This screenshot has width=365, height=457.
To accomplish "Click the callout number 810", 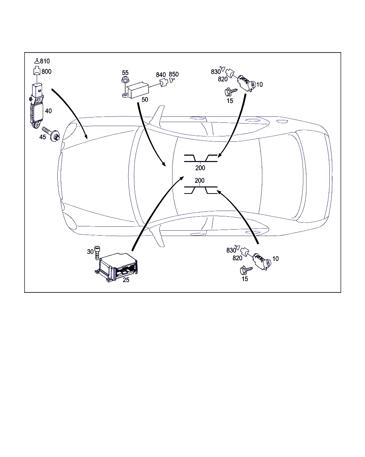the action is coord(45,61).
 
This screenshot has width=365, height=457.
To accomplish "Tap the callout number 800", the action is coord(46,71).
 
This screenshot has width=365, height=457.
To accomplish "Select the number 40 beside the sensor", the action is coord(48,111).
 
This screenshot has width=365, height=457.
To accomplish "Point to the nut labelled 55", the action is coord(125,80).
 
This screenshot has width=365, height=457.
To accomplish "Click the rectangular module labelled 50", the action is coord(136,91).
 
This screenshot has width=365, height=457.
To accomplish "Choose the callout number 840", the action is coord(161,75).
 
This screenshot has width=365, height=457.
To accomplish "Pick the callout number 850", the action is coord(174,74).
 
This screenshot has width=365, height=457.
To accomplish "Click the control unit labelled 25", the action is coord(116,267).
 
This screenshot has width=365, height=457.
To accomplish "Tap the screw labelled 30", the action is coord(97,253).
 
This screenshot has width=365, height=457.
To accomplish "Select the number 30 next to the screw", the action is coord(90,252).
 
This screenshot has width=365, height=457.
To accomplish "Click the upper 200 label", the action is coord(200,168).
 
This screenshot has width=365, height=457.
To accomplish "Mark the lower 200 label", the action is coord(200,181).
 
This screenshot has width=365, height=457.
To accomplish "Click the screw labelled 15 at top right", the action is coord(231,92).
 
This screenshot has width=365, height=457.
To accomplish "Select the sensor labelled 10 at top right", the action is coord(247,84).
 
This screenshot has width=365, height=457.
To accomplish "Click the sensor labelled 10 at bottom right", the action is coord(262,262).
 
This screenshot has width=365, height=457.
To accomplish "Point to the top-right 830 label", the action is coord(216,72).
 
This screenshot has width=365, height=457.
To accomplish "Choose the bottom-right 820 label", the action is coord(237,258).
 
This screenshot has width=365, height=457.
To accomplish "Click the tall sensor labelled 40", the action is coord(36,106).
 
